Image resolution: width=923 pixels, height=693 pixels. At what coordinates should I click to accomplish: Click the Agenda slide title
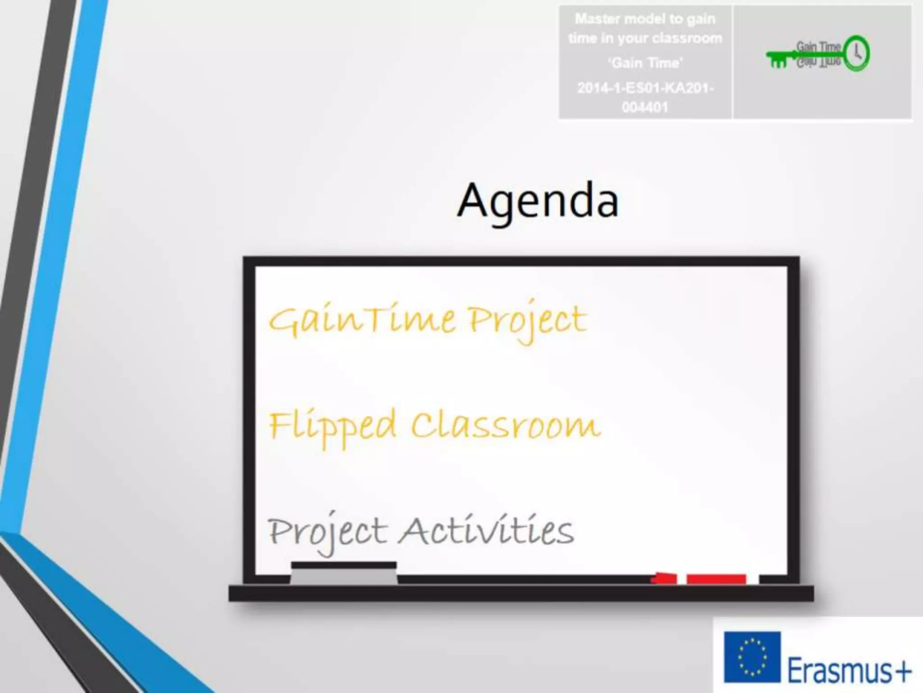pos(538,201)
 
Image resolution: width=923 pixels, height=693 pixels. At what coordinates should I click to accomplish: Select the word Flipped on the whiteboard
pos(332,426)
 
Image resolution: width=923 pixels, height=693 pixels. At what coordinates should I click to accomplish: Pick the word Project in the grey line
pos(327,532)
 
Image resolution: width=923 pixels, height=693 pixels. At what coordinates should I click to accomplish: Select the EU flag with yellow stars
pos(752,656)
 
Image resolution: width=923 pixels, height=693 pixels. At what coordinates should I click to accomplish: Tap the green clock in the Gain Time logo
pos(856,53)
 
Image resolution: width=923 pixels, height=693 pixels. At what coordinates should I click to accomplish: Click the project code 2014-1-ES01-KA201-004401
pos(645,97)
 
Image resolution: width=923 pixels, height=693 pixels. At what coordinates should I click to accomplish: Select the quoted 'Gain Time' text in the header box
pos(645,63)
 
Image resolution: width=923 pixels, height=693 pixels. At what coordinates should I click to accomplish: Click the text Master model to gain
pos(645,19)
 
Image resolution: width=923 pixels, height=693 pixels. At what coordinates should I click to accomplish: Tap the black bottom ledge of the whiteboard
pos(521,593)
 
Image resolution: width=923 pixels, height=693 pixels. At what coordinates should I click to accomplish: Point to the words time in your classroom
pos(645,39)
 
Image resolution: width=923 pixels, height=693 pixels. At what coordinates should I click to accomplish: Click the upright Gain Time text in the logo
pos(818,47)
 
